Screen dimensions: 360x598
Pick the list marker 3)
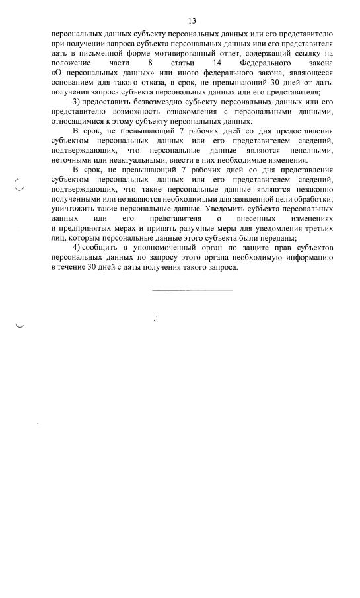(x=77, y=101)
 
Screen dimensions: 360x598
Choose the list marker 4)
(x=77, y=246)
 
